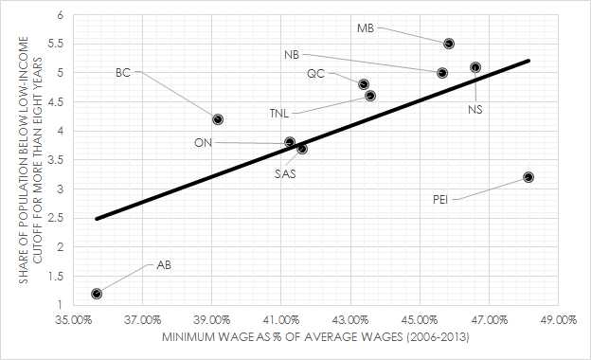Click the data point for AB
point(97,294)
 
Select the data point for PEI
point(528,177)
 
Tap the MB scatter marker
point(449,44)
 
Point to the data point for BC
point(218,119)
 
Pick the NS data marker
point(475,67)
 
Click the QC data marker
point(364,84)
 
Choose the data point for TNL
point(370,96)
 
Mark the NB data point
point(442,73)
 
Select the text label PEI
point(440,200)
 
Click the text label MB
point(365,27)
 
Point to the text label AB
point(164,265)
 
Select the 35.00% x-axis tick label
point(74,320)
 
